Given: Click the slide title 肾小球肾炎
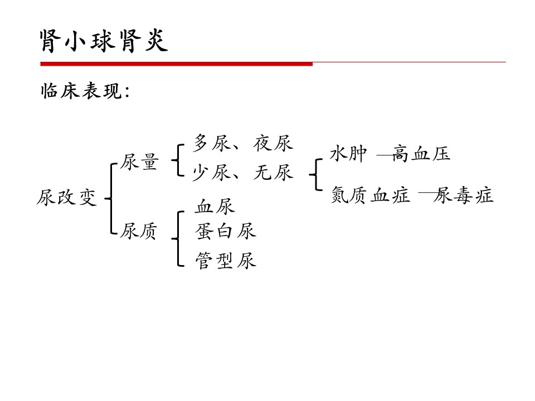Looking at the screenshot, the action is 104,41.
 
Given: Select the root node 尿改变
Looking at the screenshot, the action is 67,197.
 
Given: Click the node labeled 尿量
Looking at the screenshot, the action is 139,162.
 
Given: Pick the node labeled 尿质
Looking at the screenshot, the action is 139,231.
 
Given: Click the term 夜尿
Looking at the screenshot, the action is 273,143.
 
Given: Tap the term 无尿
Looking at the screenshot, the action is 273,172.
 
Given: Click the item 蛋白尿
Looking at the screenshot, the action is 226,231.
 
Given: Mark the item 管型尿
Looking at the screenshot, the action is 226,261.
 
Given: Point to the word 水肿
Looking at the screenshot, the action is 348,154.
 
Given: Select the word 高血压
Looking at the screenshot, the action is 421,154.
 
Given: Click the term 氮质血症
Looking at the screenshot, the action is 371,195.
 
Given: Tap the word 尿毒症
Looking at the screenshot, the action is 463,195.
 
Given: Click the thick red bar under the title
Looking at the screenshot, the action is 177,63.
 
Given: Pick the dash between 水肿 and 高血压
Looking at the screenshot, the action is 384,155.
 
